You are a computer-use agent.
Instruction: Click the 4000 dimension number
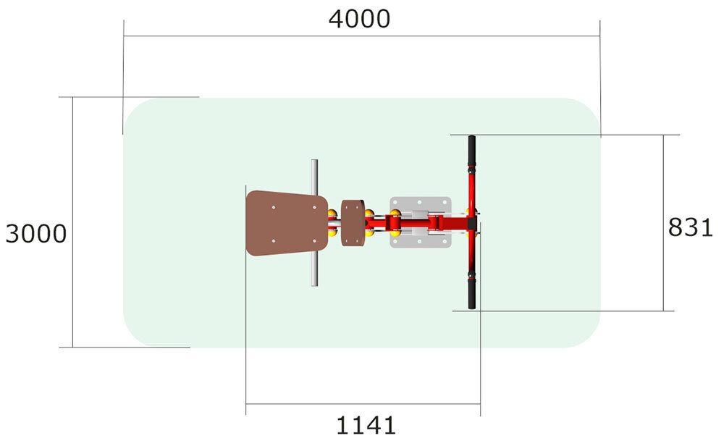[x=359, y=20]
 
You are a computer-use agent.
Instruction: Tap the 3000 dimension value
[x=36, y=234]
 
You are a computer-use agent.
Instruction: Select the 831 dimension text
[x=691, y=227]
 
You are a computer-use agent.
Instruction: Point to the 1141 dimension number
[x=366, y=425]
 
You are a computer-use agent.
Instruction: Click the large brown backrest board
[x=287, y=223]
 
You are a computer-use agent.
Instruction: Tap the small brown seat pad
[x=353, y=222]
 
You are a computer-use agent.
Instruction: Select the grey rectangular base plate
[x=420, y=222]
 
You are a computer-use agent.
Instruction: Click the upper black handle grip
[x=471, y=151]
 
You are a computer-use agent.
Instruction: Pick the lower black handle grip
[x=471, y=294]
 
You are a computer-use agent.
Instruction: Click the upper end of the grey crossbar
[x=314, y=161]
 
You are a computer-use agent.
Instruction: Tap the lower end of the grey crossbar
[x=314, y=285]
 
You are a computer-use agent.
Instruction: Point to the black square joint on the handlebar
[x=472, y=224]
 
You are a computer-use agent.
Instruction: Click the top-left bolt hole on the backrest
[x=274, y=207]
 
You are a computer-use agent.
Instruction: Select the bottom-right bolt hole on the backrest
[x=314, y=240]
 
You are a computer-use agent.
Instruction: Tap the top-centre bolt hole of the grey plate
[x=420, y=202]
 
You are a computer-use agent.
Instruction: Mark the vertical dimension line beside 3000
[x=73, y=222]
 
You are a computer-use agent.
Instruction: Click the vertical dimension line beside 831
[x=663, y=223]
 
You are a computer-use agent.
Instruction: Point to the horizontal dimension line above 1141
[x=363, y=404]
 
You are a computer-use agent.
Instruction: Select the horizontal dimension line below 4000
[x=362, y=36]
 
